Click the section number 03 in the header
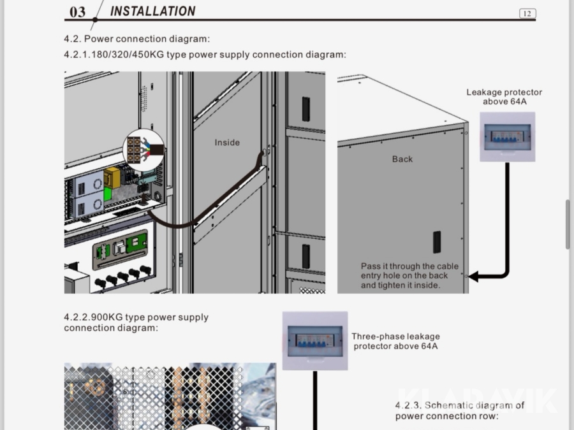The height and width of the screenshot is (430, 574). click(x=77, y=12)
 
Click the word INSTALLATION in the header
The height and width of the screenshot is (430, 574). click(x=152, y=11)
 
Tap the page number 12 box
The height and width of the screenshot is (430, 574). click(x=527, y=13)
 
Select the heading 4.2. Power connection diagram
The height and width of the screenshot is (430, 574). click(x=136, y=39)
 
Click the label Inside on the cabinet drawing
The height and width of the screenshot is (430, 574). click(x=227, y=142)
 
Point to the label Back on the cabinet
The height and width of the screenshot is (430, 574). click(x=402, y=159)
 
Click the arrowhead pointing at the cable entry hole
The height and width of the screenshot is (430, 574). click(x=473, y=277)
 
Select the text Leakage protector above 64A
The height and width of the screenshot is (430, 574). click(x=504, y=97)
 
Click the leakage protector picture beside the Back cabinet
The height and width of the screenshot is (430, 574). click(x=507, y=137)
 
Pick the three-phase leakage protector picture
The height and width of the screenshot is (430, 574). click(x=314, y=341)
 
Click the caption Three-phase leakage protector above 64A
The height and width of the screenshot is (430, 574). click(x=395, y=341)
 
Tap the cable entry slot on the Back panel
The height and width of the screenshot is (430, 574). click(x=437, y=242)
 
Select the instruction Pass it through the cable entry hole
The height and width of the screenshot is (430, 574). click(x=409, y=276)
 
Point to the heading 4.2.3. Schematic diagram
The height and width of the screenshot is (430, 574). click(x=459, y=410)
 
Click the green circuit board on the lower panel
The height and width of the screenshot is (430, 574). click(x=138, y=243)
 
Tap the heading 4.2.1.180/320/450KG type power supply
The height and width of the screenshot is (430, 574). click(x=205, y=55)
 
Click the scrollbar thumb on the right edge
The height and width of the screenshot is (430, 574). click(x=568, y=224)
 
